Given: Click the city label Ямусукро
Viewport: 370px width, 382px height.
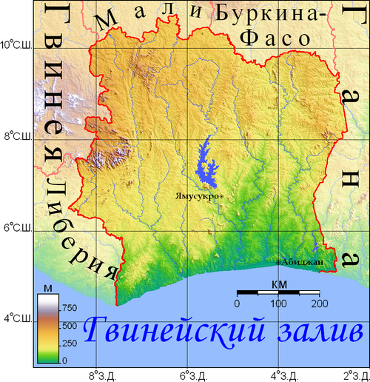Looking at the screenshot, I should pos(196,197).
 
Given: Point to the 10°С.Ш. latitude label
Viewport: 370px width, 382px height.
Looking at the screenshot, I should pos(16,45).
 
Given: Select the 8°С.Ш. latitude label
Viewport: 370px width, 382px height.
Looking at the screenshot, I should pos(16,137).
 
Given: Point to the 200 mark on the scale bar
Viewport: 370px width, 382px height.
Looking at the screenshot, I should pos(319,304).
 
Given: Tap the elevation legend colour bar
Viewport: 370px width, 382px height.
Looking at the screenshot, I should pos(48,329).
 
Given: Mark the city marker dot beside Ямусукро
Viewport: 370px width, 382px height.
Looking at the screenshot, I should pos(221,196).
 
